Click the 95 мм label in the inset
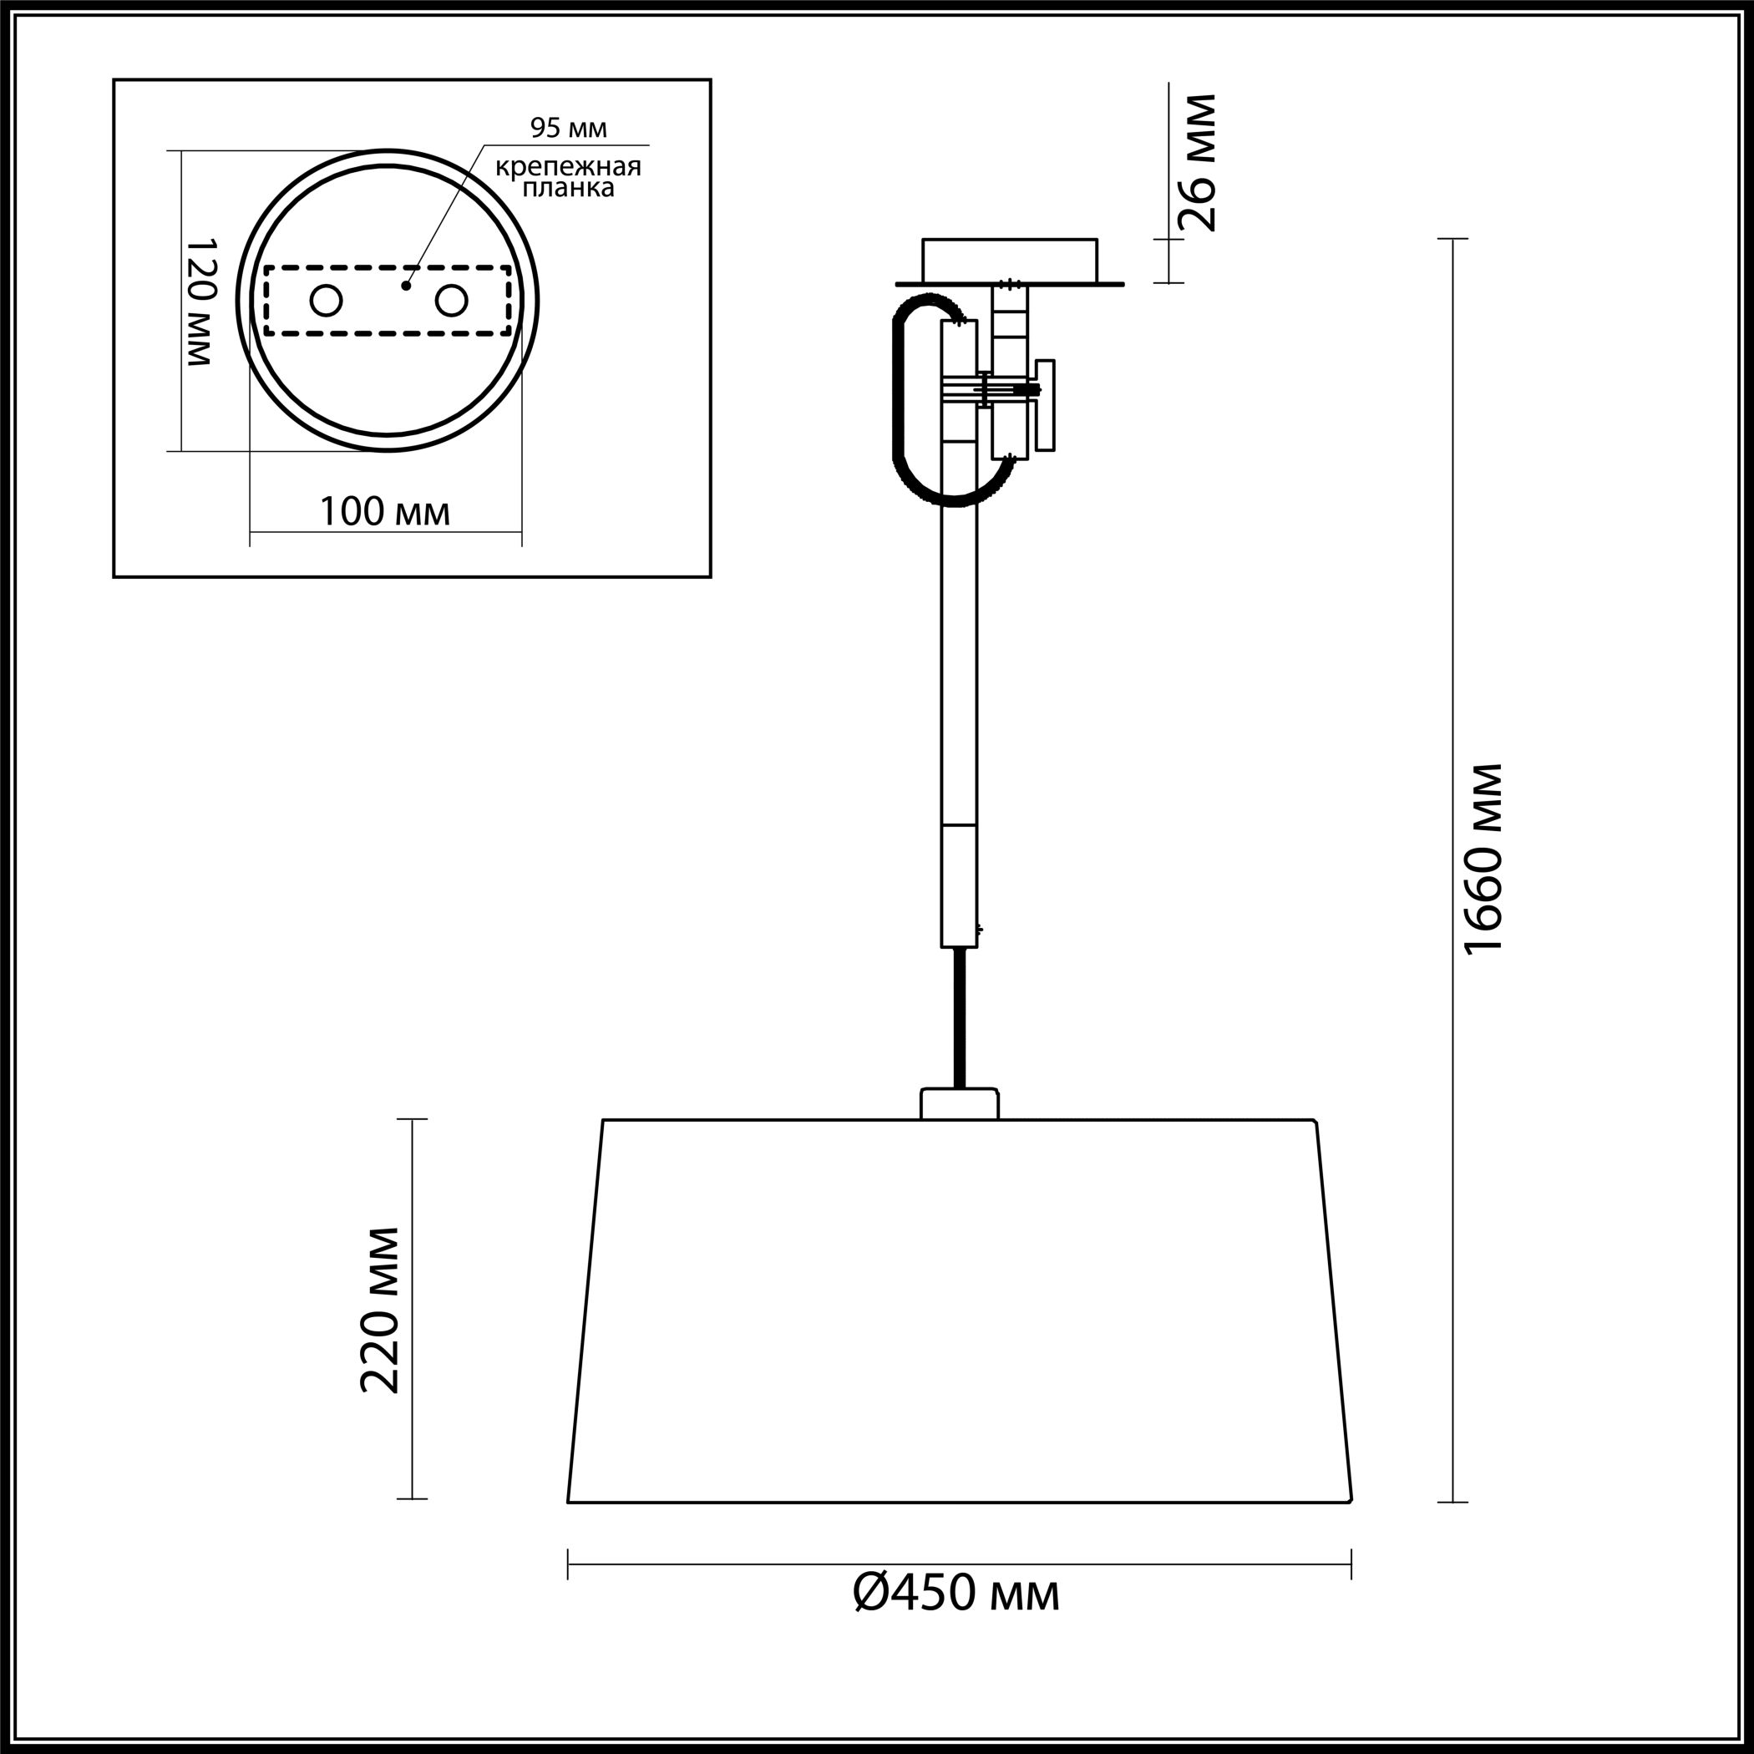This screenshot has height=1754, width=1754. (568, 128)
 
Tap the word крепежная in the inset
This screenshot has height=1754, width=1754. (568, 167)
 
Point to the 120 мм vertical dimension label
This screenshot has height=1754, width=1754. (200, 302)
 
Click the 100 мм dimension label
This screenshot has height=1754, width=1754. (385, 512)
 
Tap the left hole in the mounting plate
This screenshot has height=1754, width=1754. (326, 301)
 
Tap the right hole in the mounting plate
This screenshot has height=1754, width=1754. (451, 301)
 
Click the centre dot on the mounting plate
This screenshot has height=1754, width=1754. (407, 285)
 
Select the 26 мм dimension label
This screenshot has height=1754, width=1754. (1196, 164)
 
